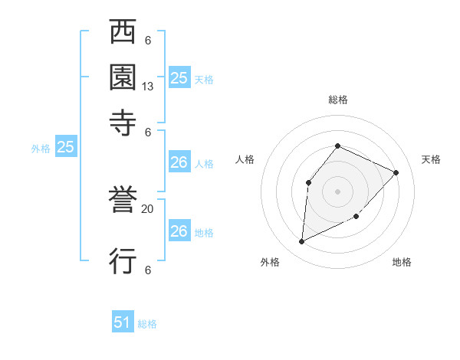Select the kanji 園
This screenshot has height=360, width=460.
[123, 77]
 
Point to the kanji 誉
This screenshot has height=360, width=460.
[123, 201]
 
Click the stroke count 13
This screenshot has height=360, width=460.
[148, 87]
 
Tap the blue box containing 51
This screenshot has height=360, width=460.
[123, 322]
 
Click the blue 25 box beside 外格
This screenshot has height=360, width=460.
[65, 147]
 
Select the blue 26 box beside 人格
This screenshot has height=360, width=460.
[179, 162]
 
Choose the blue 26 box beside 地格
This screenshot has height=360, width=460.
[179, 231]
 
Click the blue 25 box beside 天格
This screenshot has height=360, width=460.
[179, 77]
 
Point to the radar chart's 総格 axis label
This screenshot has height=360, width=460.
[338, 100]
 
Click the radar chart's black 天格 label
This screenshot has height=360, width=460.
[431, 159]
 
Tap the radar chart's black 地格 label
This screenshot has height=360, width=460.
[402, 262]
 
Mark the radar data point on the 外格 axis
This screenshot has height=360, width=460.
[301, 242]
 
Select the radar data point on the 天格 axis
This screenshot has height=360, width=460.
[396, 172]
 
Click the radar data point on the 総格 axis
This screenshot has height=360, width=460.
[337, 146]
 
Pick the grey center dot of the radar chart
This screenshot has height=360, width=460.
[337, 191]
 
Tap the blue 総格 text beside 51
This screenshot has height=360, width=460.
[147, 323]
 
